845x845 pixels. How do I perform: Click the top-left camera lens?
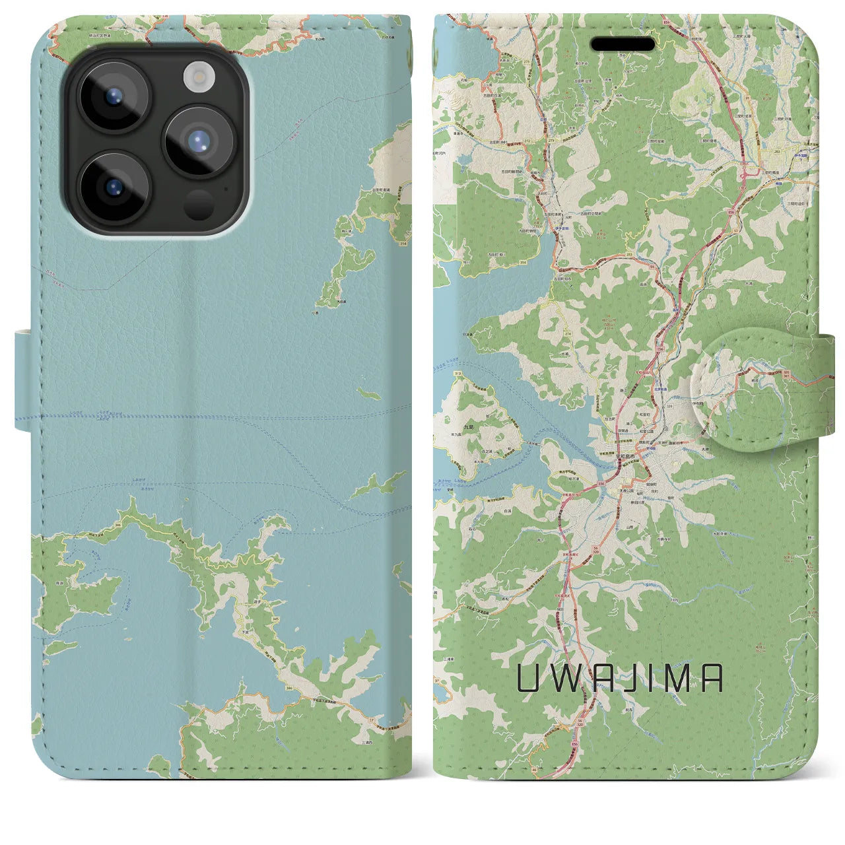point(114,98)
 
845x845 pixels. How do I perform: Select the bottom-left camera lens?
point(114,187)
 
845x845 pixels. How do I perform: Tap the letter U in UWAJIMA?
point(527,678)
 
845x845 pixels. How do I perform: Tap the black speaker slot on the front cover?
point(623,44)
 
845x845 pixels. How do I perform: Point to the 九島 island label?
point(450,427)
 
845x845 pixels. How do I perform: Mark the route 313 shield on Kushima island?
point(440,374)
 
